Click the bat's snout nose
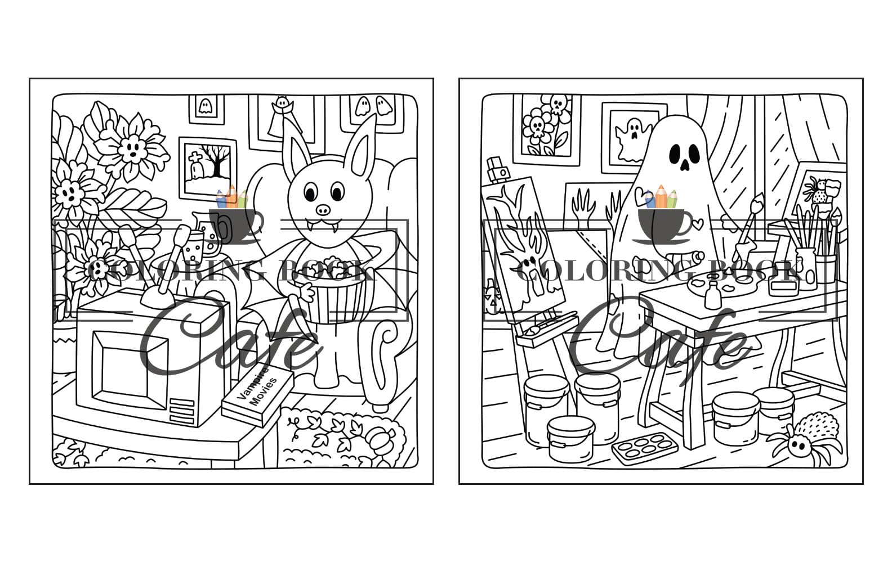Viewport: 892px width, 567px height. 323,210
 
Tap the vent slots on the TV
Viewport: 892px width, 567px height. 181,411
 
